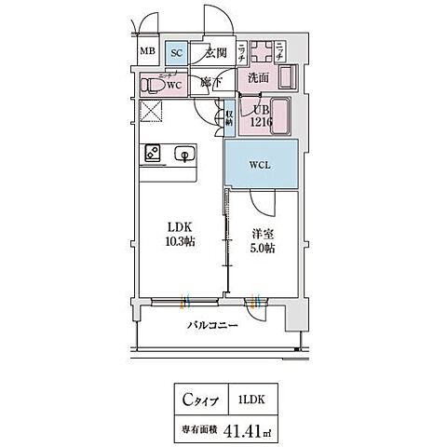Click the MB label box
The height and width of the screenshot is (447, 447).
[147, 52]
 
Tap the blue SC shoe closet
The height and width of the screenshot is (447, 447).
[176, 52]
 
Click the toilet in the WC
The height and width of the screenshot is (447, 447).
[156, 86]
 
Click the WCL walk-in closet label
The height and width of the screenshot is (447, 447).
[260, 165]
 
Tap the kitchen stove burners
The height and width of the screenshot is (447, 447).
[151, 154]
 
